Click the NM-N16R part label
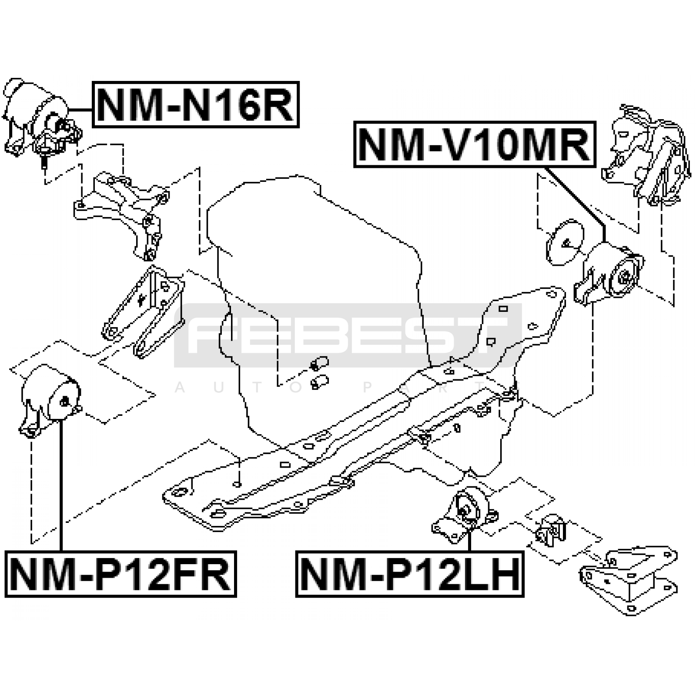196,104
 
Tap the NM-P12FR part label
120,574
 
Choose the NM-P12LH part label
410,574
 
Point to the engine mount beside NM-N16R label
41,120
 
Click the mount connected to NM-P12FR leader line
50,400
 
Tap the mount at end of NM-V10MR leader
609,274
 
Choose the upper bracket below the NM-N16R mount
122,213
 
